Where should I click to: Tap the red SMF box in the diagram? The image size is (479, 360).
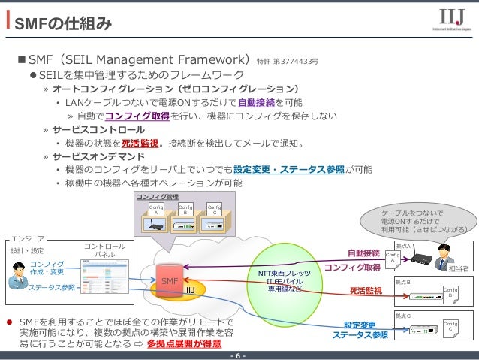168,280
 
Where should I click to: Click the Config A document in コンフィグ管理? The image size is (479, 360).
156,209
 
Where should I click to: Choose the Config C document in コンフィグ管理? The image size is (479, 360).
214,209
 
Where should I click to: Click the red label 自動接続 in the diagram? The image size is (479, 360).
363,253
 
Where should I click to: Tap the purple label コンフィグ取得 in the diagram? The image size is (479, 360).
353,268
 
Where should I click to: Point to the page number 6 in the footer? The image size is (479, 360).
239,355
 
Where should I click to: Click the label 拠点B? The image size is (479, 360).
403,280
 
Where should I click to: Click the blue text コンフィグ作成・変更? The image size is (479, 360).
47,268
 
